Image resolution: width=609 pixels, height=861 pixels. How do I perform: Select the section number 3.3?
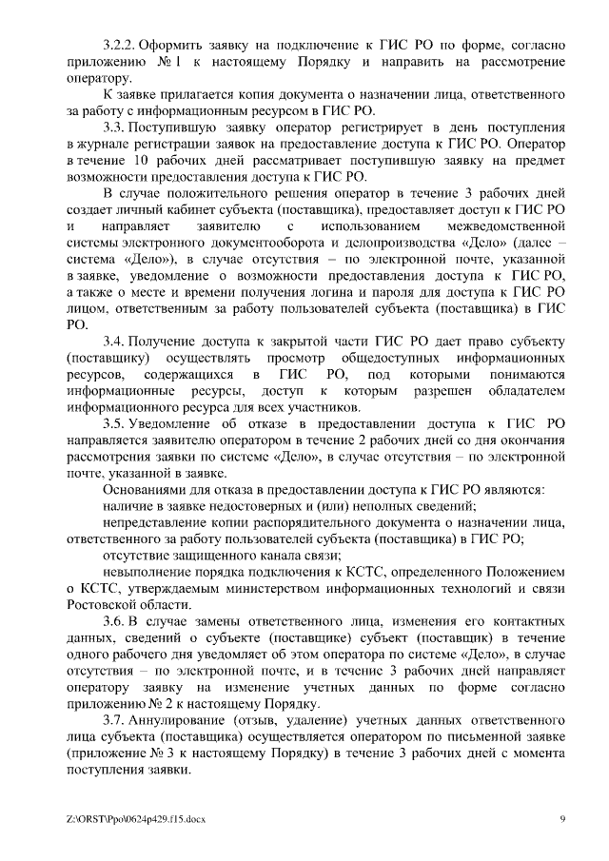(113, 126)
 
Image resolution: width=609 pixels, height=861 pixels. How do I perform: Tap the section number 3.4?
(113, 341)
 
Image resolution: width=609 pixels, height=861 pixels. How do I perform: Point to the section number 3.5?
(113, 423)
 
